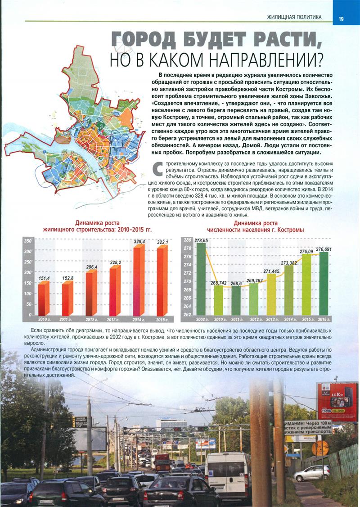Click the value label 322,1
coord(162,242)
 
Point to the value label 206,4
coord(91,267)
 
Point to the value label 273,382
coord(288,263)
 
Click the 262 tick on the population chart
coord(188,315)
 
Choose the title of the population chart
coord(256,226)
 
